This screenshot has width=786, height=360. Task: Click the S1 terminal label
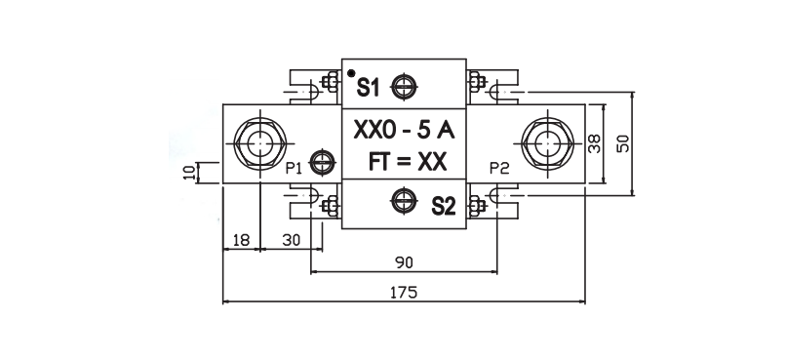point(368,88)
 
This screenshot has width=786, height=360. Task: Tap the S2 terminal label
point(444,206)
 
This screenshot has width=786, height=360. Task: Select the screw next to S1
point(404,87)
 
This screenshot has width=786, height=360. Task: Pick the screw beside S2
point(404,201)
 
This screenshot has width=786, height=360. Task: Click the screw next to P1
point(323,163)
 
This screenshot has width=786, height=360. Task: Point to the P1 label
point(294,169)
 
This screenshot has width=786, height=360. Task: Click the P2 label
point(499,169)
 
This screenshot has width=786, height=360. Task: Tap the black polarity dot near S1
point(351,73)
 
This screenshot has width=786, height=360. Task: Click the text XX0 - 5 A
point(404,131)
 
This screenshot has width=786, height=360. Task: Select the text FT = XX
point(407,162)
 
